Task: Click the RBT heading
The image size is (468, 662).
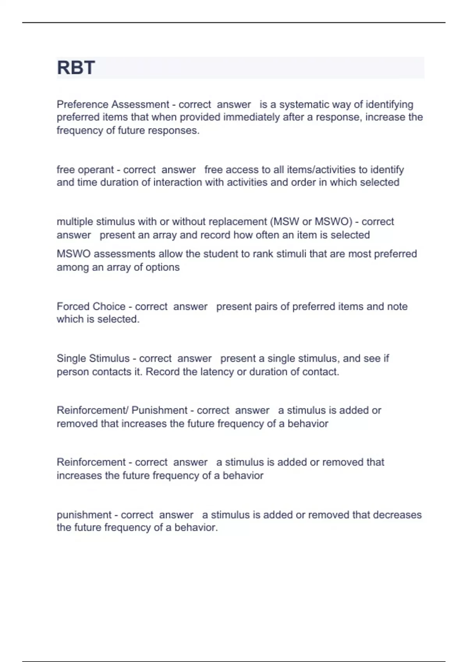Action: pos(76,68)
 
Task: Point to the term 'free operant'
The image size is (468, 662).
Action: pos(85,170)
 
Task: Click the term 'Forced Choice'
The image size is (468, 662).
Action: pos(91,306)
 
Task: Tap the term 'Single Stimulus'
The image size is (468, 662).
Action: pos(93,358)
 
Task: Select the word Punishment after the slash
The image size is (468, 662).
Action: pos(160,410)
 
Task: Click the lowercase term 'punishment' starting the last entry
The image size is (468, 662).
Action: pos(84,515)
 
